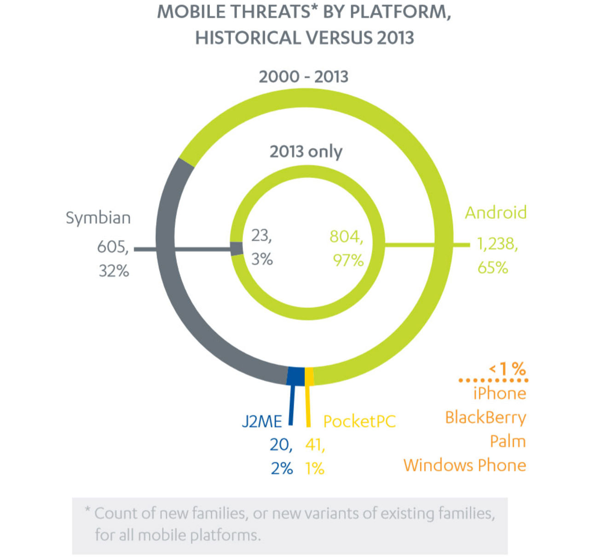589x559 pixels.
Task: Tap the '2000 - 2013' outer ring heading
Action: tap(304, 76)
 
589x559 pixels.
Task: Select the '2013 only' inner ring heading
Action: tap(306, 151)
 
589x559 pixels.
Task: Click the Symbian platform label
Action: tap(98, 218)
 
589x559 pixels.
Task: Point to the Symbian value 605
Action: tap(112, 247)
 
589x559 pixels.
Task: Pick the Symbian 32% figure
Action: tap(114, 271)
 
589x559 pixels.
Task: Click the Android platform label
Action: tap(496, 213)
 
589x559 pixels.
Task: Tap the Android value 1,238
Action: tap(497, 244)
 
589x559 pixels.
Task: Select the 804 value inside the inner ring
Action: tap(346, 236)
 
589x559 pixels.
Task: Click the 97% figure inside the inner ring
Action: tap(348, 260)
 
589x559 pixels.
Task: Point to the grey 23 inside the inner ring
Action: tap(261, 236)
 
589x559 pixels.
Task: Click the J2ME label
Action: tap(261, 421)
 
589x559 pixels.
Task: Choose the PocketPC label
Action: tap(359, 421)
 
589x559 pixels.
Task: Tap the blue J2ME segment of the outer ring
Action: tap(295, 376)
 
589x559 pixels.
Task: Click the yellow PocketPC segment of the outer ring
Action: tap(309, 376)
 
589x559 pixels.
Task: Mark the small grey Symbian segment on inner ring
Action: tap(236, 249)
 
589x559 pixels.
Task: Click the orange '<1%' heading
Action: tap(507, 369)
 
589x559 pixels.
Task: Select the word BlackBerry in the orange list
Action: tap(485, 417)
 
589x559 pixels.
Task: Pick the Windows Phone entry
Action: tap(465, 465)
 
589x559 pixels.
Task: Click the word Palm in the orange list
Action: tap(508, 441)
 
